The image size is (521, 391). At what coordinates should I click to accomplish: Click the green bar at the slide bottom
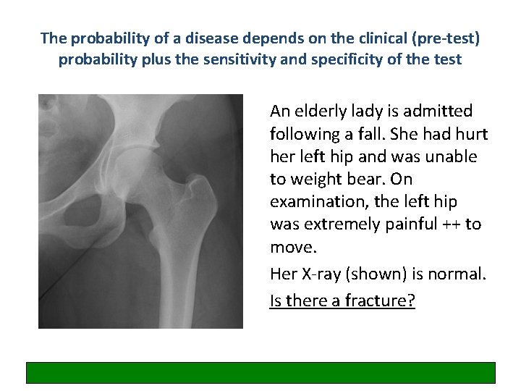tap(261, 372)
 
